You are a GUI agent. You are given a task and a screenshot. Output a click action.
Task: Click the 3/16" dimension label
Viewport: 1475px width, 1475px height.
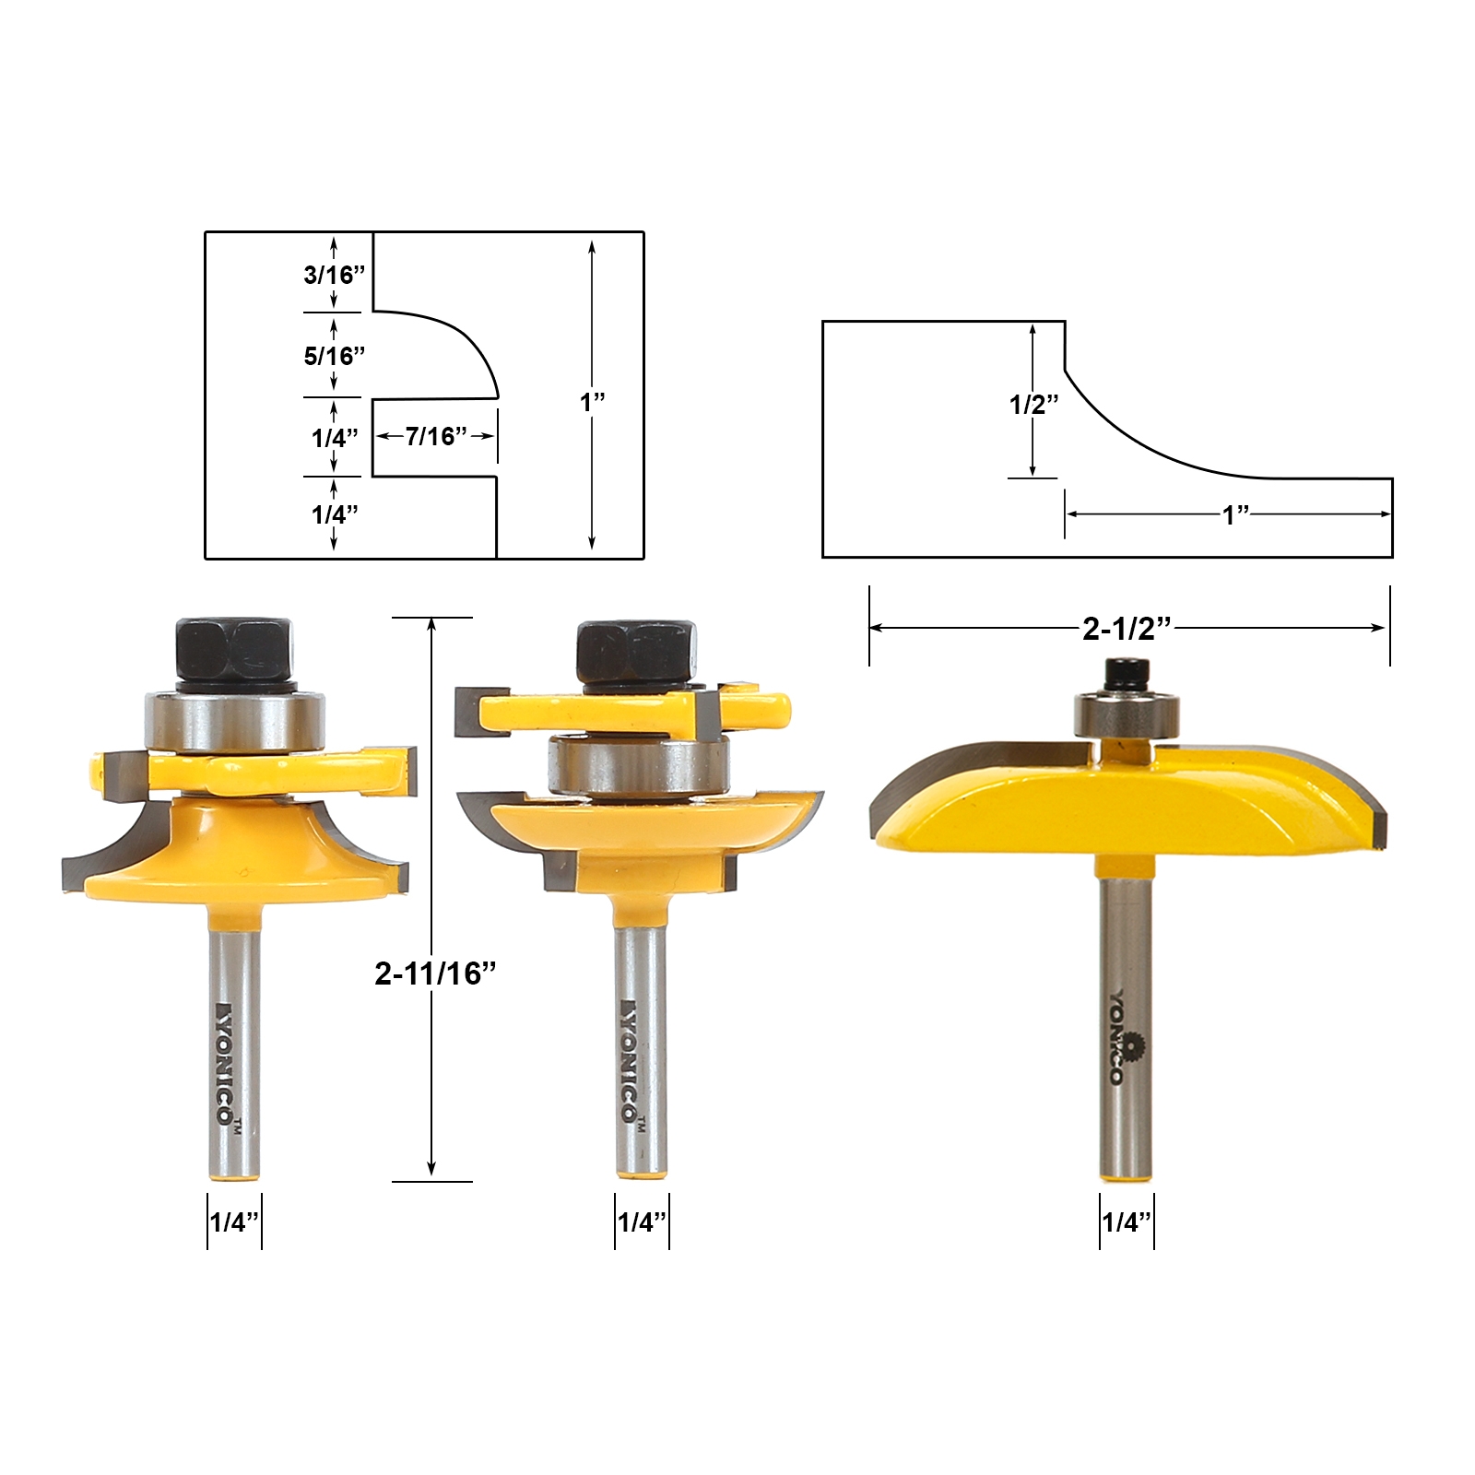(334, 275)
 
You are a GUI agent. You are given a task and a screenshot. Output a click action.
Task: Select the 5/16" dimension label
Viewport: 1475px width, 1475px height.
(334, 356)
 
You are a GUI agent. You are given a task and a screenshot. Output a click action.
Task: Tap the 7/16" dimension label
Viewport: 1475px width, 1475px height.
(436, 436)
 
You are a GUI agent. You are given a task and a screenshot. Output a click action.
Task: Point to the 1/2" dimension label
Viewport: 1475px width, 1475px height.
(1033, 404)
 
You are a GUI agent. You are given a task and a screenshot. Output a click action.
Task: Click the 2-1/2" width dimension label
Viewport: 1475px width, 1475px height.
(1127, 629)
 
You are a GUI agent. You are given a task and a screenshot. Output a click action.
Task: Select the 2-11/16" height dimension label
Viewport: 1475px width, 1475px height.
(435, 973)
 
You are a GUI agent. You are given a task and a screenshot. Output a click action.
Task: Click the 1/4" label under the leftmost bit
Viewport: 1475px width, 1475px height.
(234, 1222)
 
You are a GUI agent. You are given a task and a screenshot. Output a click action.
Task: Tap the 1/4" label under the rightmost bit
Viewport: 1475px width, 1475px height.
(1127, 1222)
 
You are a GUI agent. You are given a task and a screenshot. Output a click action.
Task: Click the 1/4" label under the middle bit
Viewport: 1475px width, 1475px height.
(642, 1222)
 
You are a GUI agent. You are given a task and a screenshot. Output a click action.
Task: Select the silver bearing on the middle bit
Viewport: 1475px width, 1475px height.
(638, 763)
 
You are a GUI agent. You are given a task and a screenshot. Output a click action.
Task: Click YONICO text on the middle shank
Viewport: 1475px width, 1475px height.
(630, 1060)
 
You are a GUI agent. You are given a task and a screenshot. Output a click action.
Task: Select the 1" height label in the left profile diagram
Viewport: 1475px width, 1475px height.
(592, 402)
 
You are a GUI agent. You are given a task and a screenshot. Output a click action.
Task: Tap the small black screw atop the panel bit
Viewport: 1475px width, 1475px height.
(1126, 675)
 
